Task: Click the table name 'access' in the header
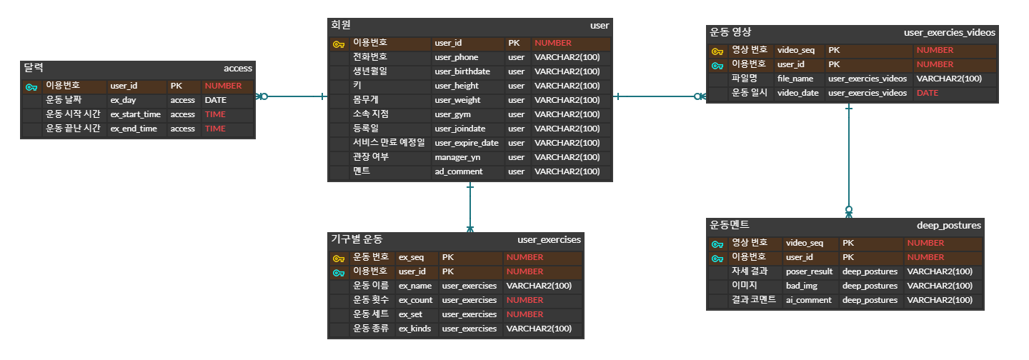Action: coord(237,69)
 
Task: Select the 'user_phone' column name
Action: coord(456,57)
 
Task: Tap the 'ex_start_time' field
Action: coord(135,114)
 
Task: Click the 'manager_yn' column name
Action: coord(457,157)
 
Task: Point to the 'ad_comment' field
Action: coord(458,171)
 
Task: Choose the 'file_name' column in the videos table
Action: coord(795,79)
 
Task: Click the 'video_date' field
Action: coord(797,93)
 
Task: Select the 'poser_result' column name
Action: coord(809,271)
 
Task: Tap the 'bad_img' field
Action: coord(801,286)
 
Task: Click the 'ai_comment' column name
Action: coord(808,300)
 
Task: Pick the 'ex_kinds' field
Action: coord(414,329)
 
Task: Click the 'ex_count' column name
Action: coord(415,300)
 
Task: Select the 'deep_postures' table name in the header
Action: coord(948,226)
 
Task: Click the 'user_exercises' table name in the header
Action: coord(549,240)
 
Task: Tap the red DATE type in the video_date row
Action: coord(927,93)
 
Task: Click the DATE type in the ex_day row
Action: coord(215,100)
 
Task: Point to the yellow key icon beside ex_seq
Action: coord(339,258)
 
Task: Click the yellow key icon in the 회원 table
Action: coord(339,44)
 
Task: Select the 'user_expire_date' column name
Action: coord(466,143)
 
